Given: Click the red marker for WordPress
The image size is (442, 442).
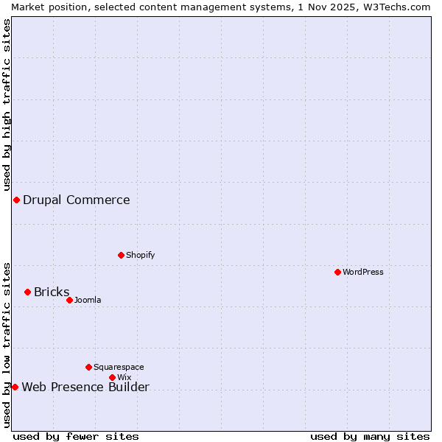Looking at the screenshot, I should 337,272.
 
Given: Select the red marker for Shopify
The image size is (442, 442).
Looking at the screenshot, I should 121,255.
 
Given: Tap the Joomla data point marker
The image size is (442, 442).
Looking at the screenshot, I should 69,300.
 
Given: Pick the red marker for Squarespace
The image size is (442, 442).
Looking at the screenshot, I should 88,367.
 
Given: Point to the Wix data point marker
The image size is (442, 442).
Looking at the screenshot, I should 112,377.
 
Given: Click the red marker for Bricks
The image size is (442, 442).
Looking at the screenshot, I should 27,292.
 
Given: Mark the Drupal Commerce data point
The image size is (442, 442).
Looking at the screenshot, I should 16,200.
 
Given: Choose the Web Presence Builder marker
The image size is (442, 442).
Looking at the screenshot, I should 15,387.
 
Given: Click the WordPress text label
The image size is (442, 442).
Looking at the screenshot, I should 363,272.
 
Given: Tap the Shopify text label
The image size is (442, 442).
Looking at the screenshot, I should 140,255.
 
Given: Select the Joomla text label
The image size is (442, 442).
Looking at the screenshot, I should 88,300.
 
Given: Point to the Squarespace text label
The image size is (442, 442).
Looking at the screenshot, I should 119,367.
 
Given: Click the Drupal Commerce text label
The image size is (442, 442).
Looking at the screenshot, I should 77,200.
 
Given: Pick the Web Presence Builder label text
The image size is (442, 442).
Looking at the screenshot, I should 85,387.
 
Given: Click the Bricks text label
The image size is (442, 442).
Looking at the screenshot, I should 52,292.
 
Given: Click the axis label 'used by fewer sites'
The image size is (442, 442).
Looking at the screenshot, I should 76,436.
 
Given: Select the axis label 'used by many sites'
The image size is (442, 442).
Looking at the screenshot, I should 370,436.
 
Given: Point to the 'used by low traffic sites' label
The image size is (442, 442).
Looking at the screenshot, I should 7,345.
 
